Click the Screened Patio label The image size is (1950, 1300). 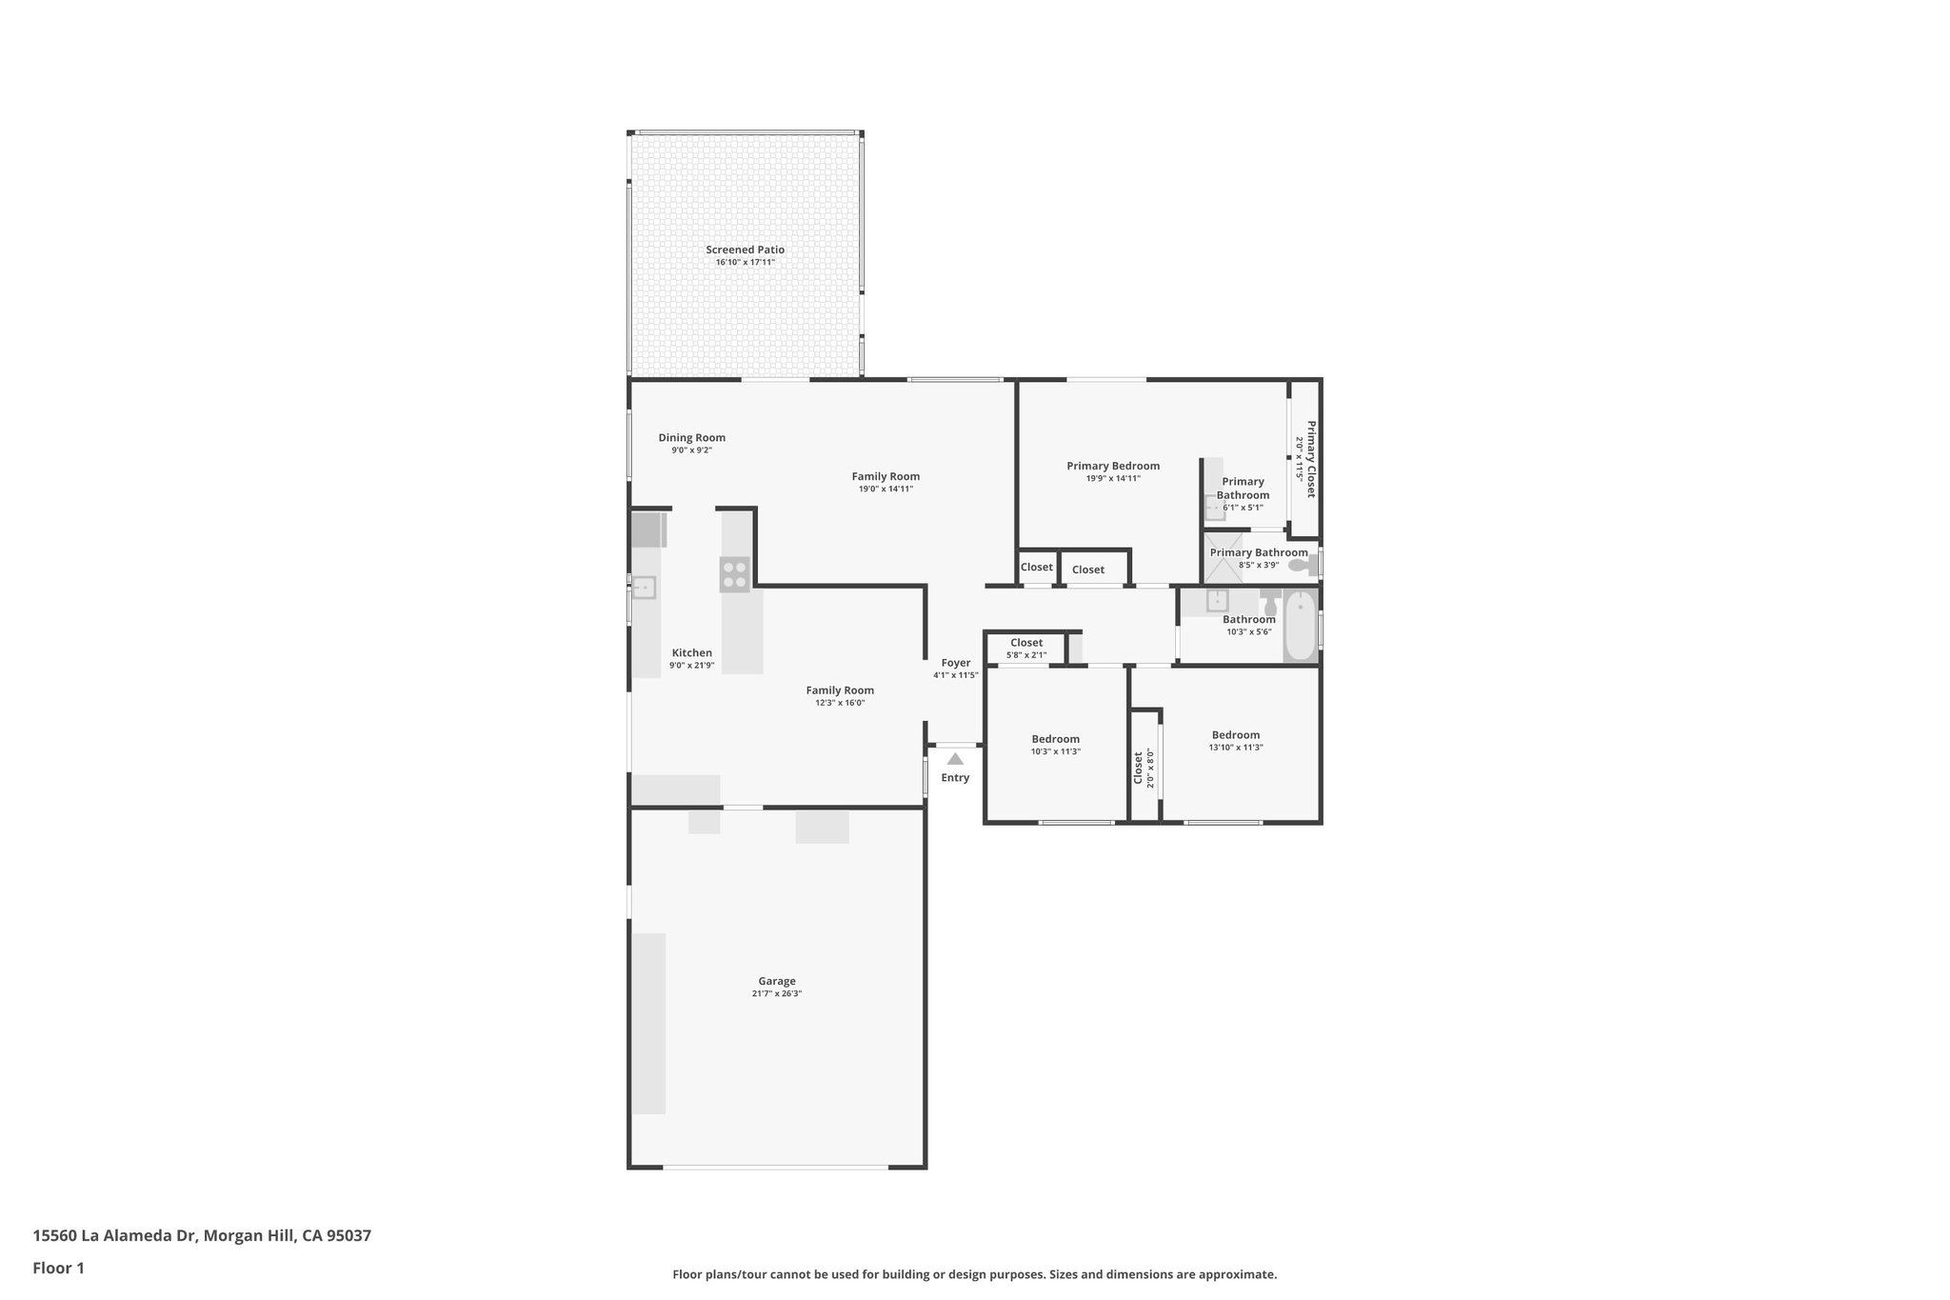pyautogui.click(x=745, y=250)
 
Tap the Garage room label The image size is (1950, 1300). pyautogui.click(x=776, y=981)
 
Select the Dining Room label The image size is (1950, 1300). pyautogui.click(x=691, y=438)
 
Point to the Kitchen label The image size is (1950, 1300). pyautogui.click(x=691, y=653)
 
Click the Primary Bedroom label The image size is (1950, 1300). pyautogui.click(x=1112, y=466)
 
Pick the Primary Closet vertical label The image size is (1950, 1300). pyautogui.click(x=1310, y=459)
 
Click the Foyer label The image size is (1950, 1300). pyautogui.click(x=955, y=663)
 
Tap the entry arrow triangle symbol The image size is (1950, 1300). pyautogui.click(x=955, y=759)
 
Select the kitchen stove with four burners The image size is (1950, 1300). pyautogui.click(x=734, y=574)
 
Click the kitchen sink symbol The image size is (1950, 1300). pyautogui.click(x=645, y=588)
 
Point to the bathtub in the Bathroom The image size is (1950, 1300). pyautogui.click(x=1300, y=626)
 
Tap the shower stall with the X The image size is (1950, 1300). pyautogui.click(x=1223, y=558)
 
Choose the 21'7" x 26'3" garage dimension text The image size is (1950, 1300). pyautogui.click(x=776, y=993)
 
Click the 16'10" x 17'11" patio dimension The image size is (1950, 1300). pyautogui.click(x=745, y=262)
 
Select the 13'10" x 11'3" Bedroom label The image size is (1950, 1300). pyautogui.click(x=1235, y=735)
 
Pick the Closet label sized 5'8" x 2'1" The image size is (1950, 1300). pyautogui.click(x=1025, y=643)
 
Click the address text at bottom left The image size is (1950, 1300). pyautogui.click(x=202, y=1236)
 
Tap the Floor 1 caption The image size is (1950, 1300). pyautogui.click(x=58, y=1268)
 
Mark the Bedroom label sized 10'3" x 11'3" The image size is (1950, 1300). pyautogui.click(x=1055, y=739)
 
